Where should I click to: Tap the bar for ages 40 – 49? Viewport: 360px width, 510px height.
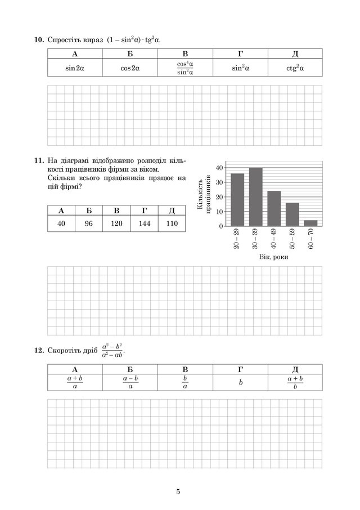(274, 208)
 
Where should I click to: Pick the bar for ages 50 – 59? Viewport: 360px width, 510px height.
(292, 214)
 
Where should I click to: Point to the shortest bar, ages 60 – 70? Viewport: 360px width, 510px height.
(311, 223)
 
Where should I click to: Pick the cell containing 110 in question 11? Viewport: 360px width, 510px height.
(172, 223)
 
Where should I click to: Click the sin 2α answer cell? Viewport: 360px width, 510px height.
(75, 68)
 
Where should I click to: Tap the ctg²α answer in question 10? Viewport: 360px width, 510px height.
(295, 68)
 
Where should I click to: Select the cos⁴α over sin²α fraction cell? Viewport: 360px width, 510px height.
(185, 68)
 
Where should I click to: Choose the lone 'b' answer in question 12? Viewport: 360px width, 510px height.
(240, 382)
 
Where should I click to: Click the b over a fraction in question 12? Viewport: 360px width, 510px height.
(185, 382)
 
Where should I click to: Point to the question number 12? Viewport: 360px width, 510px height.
(38, 351)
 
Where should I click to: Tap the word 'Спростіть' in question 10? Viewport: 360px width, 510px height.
(64, 40)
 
